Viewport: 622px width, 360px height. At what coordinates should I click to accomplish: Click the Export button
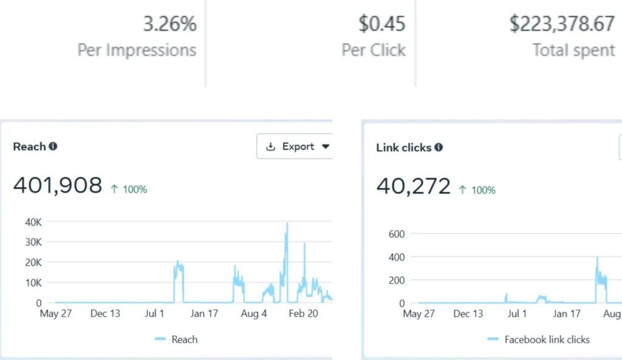(298, 146)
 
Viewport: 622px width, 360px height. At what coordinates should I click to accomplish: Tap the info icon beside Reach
(53, 146)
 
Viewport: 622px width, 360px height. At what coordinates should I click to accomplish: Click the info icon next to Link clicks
(439, 148)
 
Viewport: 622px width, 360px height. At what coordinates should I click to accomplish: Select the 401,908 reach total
(58, 185)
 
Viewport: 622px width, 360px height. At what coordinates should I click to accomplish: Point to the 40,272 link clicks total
(414, 186)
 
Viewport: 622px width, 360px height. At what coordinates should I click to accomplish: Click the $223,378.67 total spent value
(562, 24)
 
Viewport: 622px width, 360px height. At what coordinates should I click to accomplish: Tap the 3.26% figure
(169, 24)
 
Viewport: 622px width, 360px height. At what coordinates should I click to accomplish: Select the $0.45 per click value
(381, 24)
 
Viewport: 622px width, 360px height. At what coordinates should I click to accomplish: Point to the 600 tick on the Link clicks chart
(397, 234)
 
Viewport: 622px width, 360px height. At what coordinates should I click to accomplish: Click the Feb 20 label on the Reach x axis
(302, 313)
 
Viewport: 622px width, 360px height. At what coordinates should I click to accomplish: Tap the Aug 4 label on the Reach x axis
(253, 313)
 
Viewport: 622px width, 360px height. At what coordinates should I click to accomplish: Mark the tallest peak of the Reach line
(287, 224)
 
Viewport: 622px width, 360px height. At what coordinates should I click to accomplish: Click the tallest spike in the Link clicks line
(597, 258)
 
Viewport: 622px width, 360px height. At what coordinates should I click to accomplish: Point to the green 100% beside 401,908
(129, 189)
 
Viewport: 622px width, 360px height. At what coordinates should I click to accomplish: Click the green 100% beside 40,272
(477, 190)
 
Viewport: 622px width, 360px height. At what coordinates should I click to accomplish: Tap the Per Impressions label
(137, 50)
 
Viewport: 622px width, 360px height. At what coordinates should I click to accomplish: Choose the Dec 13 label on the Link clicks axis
(470, 313)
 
